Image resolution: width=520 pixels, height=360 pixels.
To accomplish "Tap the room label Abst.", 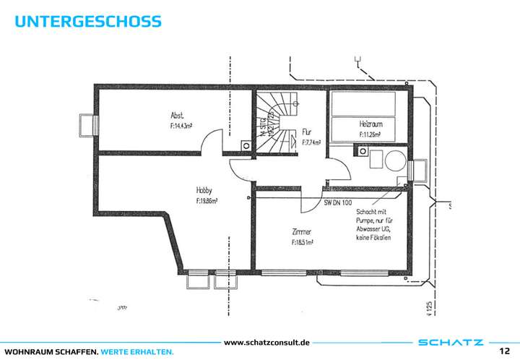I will click(x=176, y=115).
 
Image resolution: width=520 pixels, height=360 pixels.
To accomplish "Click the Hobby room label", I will click(x=204, y=191).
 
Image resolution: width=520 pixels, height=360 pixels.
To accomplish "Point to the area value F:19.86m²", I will click(x=207, y=202).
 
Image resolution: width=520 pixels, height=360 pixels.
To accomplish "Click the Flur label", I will click(x=307, y=132).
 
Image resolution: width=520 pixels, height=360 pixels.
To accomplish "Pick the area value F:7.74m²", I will click(x=311, y=142).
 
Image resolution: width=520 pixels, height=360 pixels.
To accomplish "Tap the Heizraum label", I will click(x=370, y=124).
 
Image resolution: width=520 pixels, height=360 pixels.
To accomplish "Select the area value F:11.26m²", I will click(x=371, y=134).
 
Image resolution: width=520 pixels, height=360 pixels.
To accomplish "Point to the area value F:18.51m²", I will click(x=303, y=243).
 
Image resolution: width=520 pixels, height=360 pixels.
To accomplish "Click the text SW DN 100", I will click(x=339, y=203).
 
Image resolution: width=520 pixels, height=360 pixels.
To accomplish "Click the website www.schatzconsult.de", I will click(x=267, y=341).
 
